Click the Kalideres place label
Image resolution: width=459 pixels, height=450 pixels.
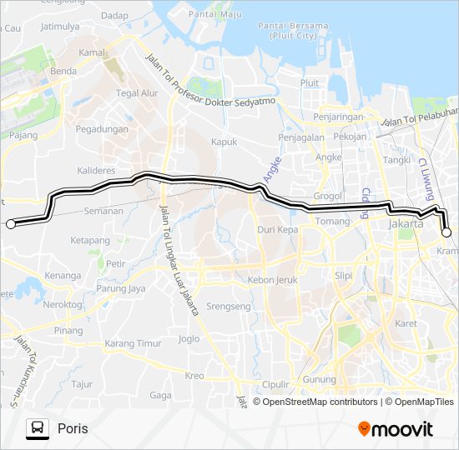[x=95, y=170]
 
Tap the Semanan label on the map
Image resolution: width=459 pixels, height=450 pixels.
[x=103, y=211]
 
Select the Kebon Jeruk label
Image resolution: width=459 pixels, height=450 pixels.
[x=273, y=280]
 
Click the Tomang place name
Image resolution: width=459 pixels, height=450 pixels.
[x=333, y=222]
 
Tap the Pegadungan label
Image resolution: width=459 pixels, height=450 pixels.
[x=102, y=129]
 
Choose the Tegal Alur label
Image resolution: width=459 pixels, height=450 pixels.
[x=137, y=93]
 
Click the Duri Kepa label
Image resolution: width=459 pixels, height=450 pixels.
[x=278, y=228]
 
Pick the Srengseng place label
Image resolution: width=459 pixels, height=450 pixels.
[x=229, y=307]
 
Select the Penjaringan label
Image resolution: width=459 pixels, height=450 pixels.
[x=339, y=116]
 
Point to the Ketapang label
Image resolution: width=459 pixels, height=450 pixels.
[x=90, y=241]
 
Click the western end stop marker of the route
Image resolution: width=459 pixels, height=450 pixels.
[x=11, y=223]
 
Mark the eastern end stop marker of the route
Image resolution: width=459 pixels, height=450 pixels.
[x=446, y=233]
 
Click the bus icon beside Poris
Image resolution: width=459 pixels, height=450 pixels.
[x=38, y=428]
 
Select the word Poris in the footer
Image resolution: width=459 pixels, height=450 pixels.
[x=73, y=428]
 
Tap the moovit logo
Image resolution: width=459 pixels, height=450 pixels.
[x=396, y=429]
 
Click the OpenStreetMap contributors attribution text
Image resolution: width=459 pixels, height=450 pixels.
[x=319, y=402]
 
